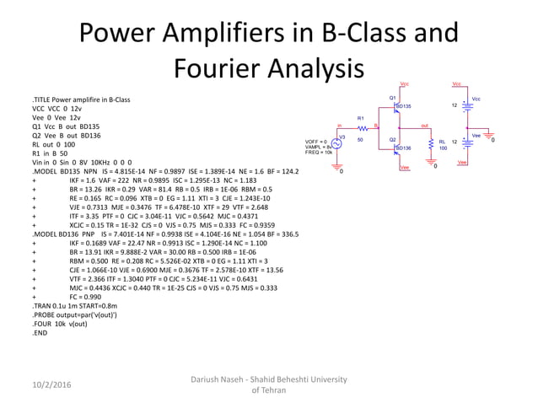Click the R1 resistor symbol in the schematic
tap(361, 128)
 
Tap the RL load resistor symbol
tap(432, 143)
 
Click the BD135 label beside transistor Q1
tap(404, 106)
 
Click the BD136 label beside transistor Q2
tap(404, 148)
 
